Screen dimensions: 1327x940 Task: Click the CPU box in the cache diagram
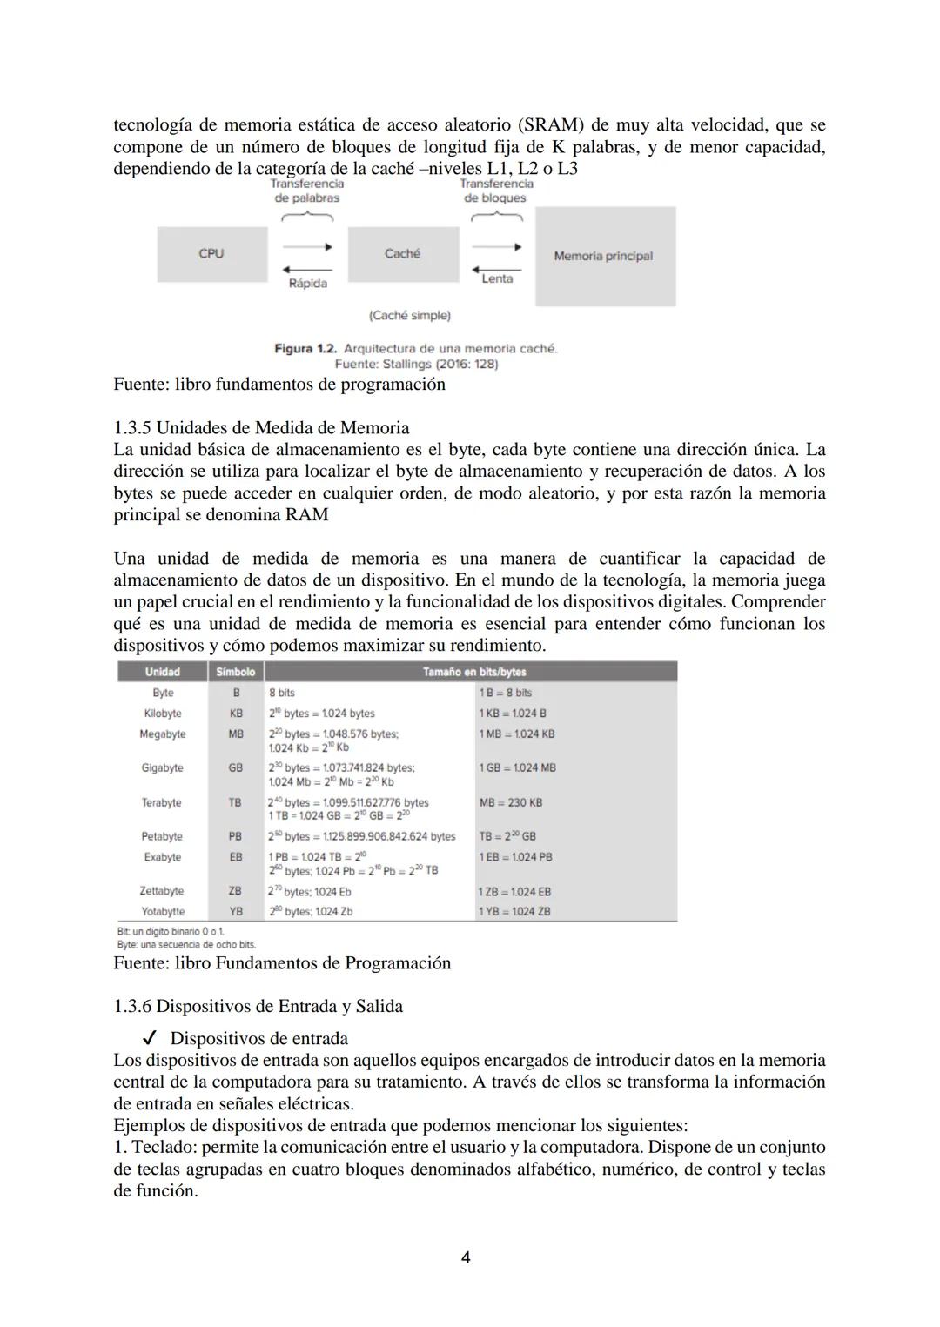click(x=211, y=254)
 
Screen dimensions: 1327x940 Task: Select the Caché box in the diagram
click(x=402, y=254)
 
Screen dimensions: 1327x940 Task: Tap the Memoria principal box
click(x=604, y=256)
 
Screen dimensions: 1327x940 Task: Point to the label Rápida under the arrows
click(x=308, y=284)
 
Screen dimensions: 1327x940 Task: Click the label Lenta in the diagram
click(x=497, y=278)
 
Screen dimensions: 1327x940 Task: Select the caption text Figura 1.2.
click(x=305, y=349)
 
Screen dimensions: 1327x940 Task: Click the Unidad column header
click(x=163, y=672)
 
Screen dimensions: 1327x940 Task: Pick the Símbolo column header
click(x=235, y=672)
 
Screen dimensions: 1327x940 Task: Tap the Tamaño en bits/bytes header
click(x=474, y=672)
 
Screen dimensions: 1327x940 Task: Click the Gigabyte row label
click(x=163, y=768)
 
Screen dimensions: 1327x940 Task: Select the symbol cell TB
click(x=235, y=802)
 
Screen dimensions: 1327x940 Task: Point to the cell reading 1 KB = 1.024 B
click(x=513, y=714)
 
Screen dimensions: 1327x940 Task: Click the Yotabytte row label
click(x=163, y=912)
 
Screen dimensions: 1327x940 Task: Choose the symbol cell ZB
click(x=235, y=891)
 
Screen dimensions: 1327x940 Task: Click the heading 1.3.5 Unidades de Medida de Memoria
click(x=261, y=428)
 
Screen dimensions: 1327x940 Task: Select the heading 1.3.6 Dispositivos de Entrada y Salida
click(x=258, y=1007)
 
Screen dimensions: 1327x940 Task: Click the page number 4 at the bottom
click(x=466, y=1258)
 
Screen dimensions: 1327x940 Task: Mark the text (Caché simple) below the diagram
click(x=409, y=315)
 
